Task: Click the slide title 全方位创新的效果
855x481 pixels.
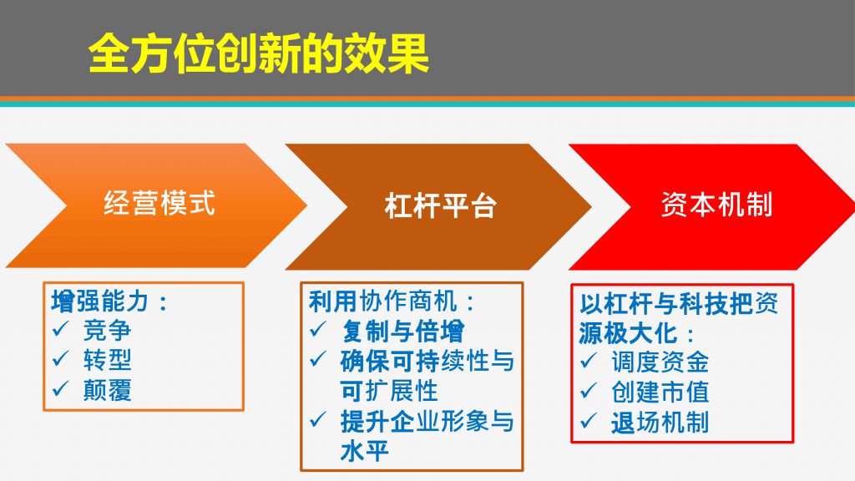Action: [259, 53]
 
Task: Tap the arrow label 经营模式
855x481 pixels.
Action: [159, 203]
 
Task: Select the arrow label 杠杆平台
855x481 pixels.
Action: [440, 205]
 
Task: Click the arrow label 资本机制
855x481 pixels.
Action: [716, 205]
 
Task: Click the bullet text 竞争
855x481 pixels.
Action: [108, 330]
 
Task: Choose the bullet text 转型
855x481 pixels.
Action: [108, 359]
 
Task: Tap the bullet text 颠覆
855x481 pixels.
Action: [108, 390]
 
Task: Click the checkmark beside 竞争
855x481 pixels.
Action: [60, 329]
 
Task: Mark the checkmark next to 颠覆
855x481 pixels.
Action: [60, 388]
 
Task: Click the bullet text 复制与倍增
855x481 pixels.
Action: [403, 331]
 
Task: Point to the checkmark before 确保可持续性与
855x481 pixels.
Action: [318, 359]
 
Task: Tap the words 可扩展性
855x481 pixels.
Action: [389, 391]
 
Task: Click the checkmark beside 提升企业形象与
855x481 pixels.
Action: [318, 419]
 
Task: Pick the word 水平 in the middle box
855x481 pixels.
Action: [364, 451]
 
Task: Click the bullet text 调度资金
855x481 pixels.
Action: [660, 362]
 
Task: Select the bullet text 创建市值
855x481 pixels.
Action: [660, 392]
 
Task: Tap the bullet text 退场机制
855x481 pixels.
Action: [660, 422]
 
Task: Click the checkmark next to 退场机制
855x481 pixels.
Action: [589, 421]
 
